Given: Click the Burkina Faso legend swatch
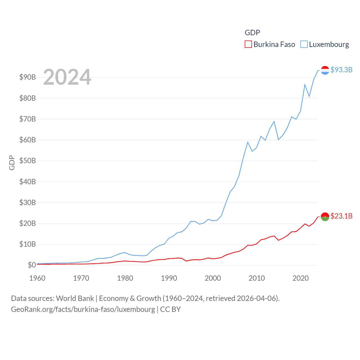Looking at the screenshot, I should (x=248, y=44).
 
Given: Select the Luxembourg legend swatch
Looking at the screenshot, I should (x=304, y=44).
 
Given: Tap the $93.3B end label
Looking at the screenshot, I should (x=341, y=70).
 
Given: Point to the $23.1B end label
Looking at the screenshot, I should (x=341, y=216).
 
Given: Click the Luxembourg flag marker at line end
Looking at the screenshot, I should (x=325, y=70).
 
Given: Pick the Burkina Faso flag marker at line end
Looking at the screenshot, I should (x=325, y=217).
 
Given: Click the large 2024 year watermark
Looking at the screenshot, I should (x=67, y=77).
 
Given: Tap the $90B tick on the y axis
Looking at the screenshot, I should (x=28, y=77).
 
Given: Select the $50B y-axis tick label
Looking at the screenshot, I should (x=28, y=161).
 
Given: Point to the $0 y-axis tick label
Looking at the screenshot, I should (x=32, y=265).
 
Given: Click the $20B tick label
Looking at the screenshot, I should (x=28, y=223).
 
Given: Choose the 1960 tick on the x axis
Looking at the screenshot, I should (x=37, y=278).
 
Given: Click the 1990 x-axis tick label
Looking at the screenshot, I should (x=169, y=278).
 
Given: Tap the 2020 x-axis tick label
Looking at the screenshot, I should (x=301, y=278).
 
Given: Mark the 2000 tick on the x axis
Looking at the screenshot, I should (x=213, y=278).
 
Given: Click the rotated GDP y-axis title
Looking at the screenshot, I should (x=12, y=163).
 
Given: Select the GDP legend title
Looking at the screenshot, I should (x=252, y=33).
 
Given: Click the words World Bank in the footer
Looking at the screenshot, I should (x=75, y=298).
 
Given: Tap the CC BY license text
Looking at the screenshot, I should (x=170, y=309).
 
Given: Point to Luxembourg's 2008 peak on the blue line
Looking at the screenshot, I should (x=248, y=142).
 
